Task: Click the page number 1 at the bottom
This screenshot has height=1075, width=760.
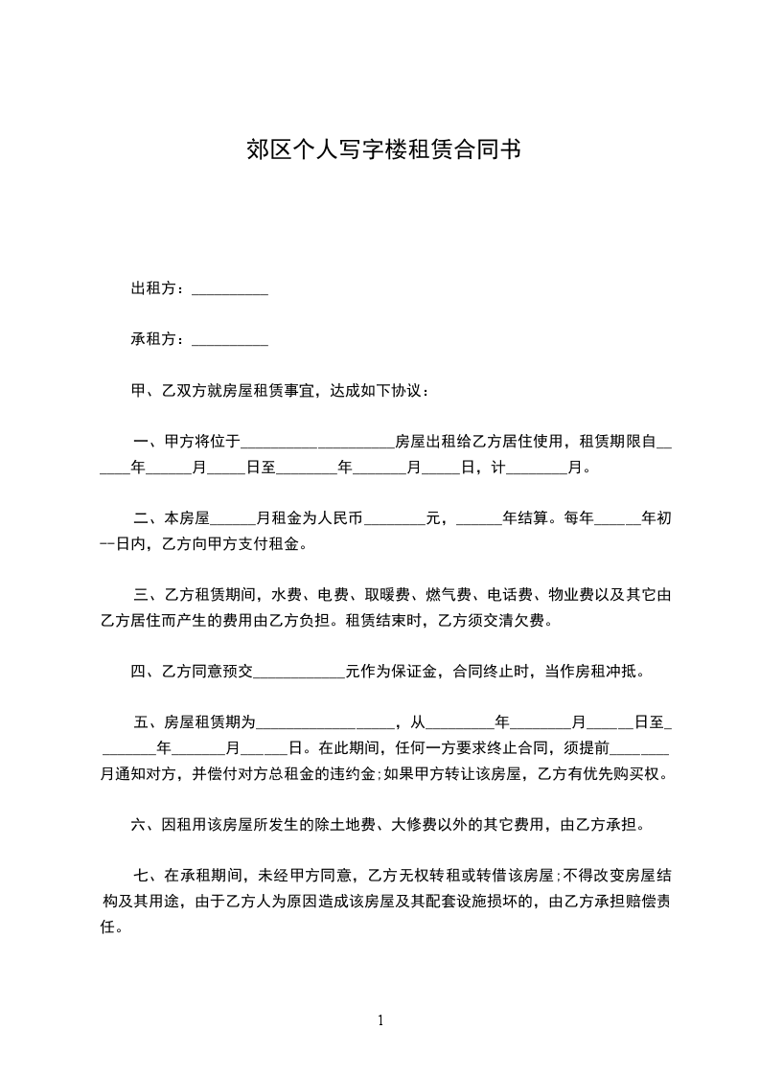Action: (380, 1019)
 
